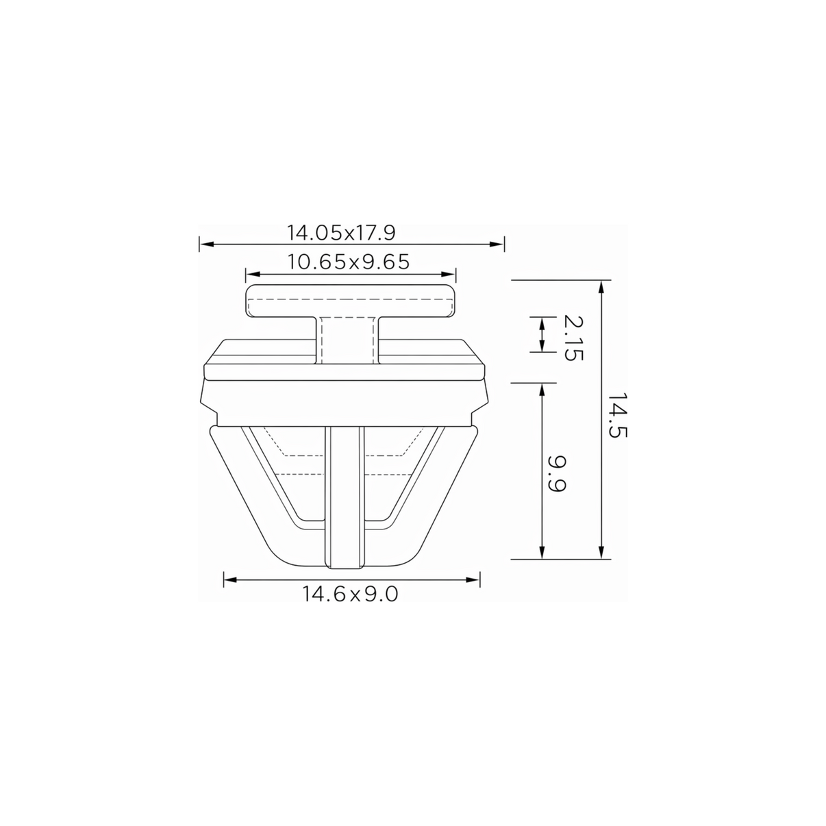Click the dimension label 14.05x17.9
[341, 233]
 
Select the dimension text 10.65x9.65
[348, 262]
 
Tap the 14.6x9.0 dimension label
[350, 594]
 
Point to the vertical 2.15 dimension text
[573, 338]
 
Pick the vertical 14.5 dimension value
[618, 414]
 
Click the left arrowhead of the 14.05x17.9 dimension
[207, 245]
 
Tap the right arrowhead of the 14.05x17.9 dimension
[497, 245]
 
